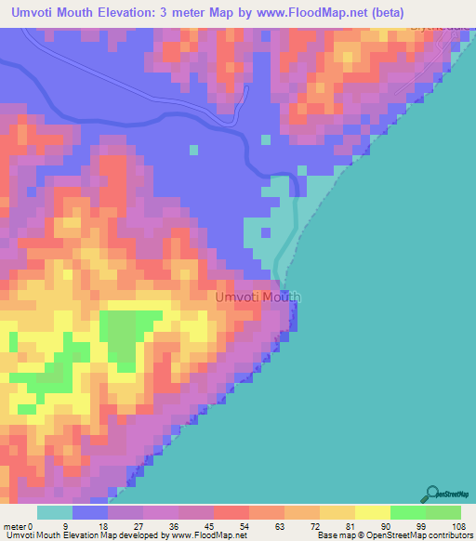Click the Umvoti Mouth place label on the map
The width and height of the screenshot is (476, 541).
coord(258,297)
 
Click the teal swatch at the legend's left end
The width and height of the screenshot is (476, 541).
coord(55,512)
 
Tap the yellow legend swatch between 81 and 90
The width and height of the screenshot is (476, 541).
coord(337,512)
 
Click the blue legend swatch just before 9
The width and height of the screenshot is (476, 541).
coord(90,512)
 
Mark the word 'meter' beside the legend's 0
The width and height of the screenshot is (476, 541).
coord(15,525)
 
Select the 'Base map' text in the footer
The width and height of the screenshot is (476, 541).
coord(337,535)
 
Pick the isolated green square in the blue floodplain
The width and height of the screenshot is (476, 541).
coord(193,149)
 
